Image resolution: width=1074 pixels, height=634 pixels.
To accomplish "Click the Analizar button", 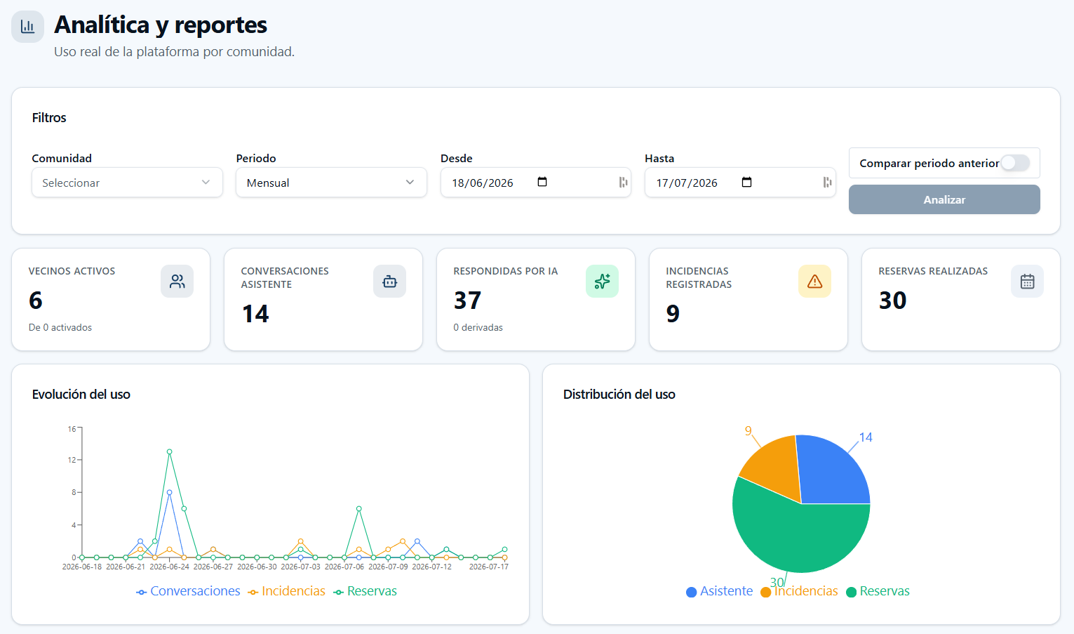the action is pyautogui.click(x=944, y=199).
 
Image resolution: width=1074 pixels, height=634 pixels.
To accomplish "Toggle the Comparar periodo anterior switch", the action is pyautogui.click(x=1015, y=163).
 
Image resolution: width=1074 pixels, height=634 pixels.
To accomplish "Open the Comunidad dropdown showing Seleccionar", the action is pyautogui.click(x=127, y=183).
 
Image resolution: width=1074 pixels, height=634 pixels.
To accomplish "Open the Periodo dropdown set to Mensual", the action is pyautogui.click(x=331, y=183).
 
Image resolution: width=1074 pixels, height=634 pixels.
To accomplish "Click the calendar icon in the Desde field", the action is pyautogui.click(x=542, y=182).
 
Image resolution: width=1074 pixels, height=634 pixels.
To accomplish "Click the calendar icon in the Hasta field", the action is pyautogui.click(x=746, y=182).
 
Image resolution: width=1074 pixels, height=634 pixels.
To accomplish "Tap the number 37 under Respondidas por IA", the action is pyautogui.click(x=467, y=301).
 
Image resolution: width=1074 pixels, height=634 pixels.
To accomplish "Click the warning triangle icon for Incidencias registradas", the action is pyautogui.click(x=814, y=282).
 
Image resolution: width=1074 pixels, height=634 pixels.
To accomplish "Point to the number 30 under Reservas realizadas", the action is pyautogui.click(x=892, y=301).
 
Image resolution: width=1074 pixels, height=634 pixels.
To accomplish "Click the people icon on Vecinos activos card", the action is pyautogui.click(x=177, y=282).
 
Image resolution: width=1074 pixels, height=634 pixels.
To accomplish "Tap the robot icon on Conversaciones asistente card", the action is pyautogui.click(x=389, y=282).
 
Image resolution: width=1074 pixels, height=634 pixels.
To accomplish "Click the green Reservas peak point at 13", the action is pyautogui.click(x=169, y=451).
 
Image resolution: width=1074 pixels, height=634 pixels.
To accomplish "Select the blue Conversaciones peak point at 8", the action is pyautogui.click(x=169, y=492).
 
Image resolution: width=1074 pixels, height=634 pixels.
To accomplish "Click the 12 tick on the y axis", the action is pyautogui.click(x=72, y=460).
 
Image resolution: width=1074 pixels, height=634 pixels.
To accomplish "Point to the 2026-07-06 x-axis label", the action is pyautogui.click(x=344, y=567).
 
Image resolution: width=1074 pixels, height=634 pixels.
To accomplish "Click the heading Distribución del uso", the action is pyautogui.click(x=619, y=395).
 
